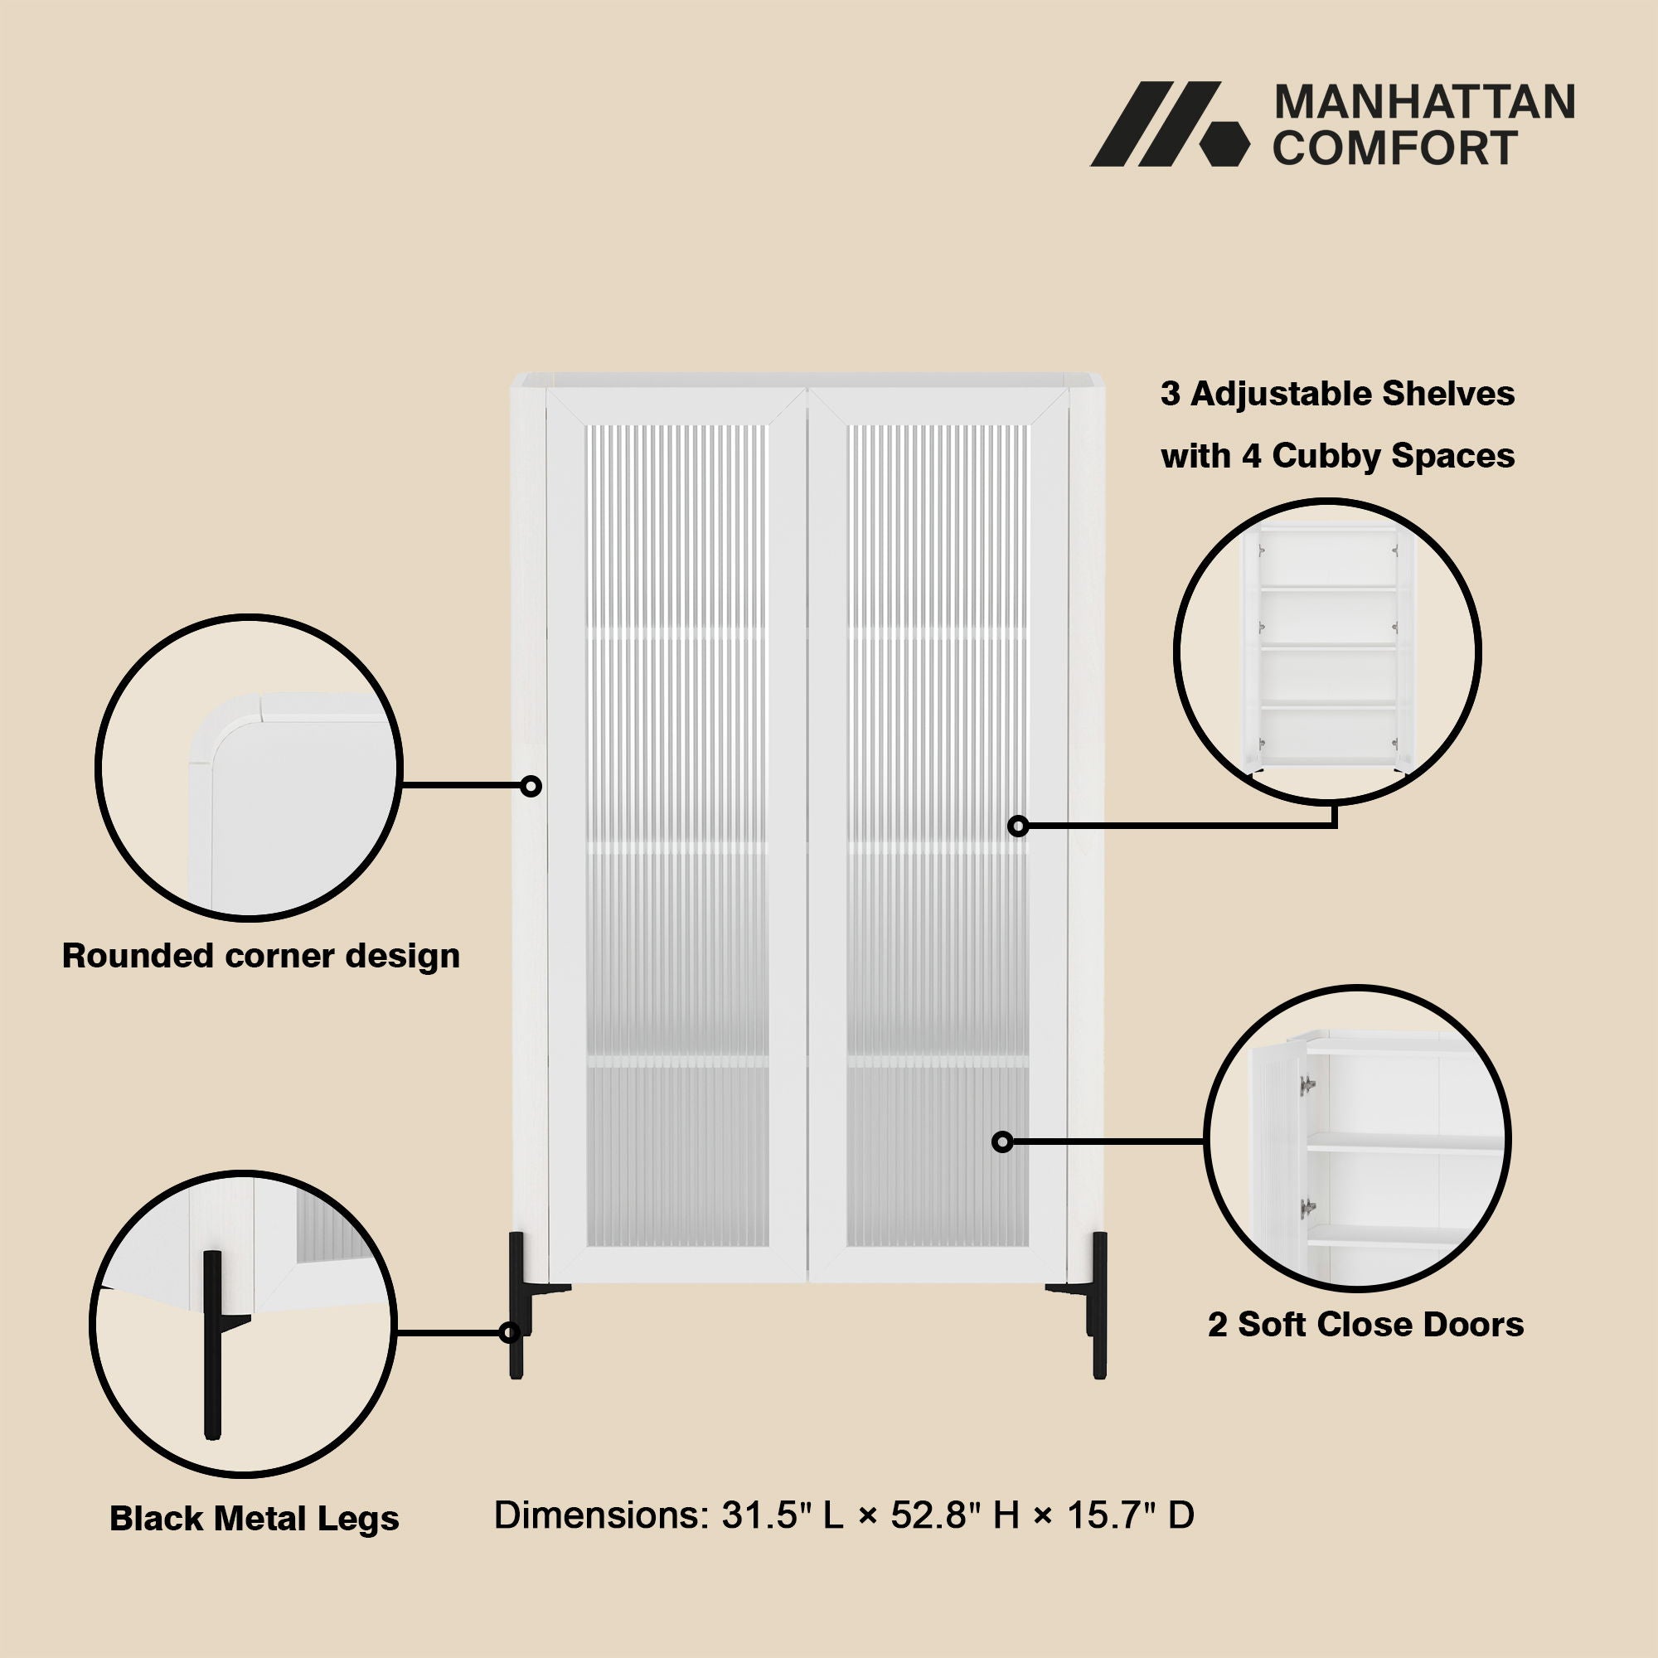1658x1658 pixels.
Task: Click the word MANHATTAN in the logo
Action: click(1423, 102)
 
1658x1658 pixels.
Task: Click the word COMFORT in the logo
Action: click(1395, 148)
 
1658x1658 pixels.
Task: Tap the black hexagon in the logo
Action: click(1224, 142)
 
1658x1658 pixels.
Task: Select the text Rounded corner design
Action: click(261, 956)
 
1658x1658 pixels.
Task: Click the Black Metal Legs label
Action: click(254, 1519)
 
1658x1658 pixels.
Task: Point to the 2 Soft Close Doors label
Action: click(1365, 1324)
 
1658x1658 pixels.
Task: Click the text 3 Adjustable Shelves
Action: click(1338, 394)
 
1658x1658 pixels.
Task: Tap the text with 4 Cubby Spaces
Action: click(1338, 456)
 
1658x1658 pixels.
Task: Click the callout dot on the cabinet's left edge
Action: click(531, 785)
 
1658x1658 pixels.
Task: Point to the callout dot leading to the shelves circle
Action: click(1018, 826)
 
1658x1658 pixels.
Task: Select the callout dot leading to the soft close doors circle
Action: click(1002, 1142)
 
